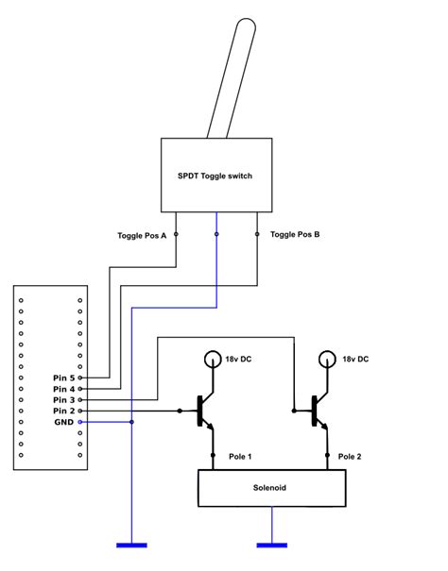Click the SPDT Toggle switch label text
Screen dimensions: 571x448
tap(216, 176)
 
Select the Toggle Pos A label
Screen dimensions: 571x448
tap(143, 235)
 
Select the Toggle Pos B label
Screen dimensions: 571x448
tap(295, 234)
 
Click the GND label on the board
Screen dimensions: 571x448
tap(62, 423)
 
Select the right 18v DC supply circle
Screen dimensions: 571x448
tap(328, 360)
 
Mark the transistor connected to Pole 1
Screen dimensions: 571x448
tap(204, 411)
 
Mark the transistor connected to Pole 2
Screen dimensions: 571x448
tap(319, 411)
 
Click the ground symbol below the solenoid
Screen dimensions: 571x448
tap(272, 545)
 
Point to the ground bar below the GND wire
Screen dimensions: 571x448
tap(131, 545)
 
